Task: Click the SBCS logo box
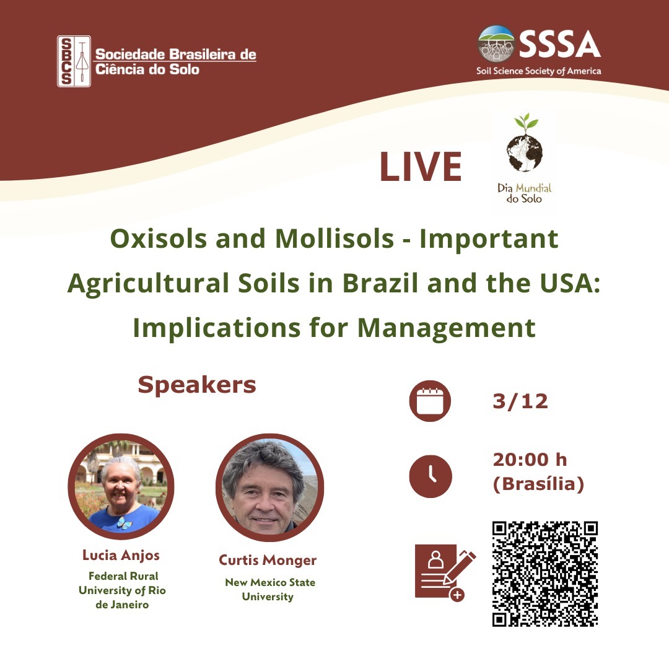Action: coord(74,61)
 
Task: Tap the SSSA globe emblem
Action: coord(496,44)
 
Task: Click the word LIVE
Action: coord(420,167)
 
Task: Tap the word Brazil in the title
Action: coord(380,283)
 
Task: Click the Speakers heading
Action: coord(197,385)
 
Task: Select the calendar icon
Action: coord(430,401)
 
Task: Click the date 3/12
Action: coord(520,401)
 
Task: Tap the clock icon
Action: coord(430,476)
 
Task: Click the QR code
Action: coord(545,574)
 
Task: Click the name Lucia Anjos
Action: coord(121,555)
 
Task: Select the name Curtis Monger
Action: coord(268,560)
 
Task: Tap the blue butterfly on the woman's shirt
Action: coord(124,523)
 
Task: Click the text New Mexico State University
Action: coord(269,589)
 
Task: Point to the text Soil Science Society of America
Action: coord(538,71)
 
